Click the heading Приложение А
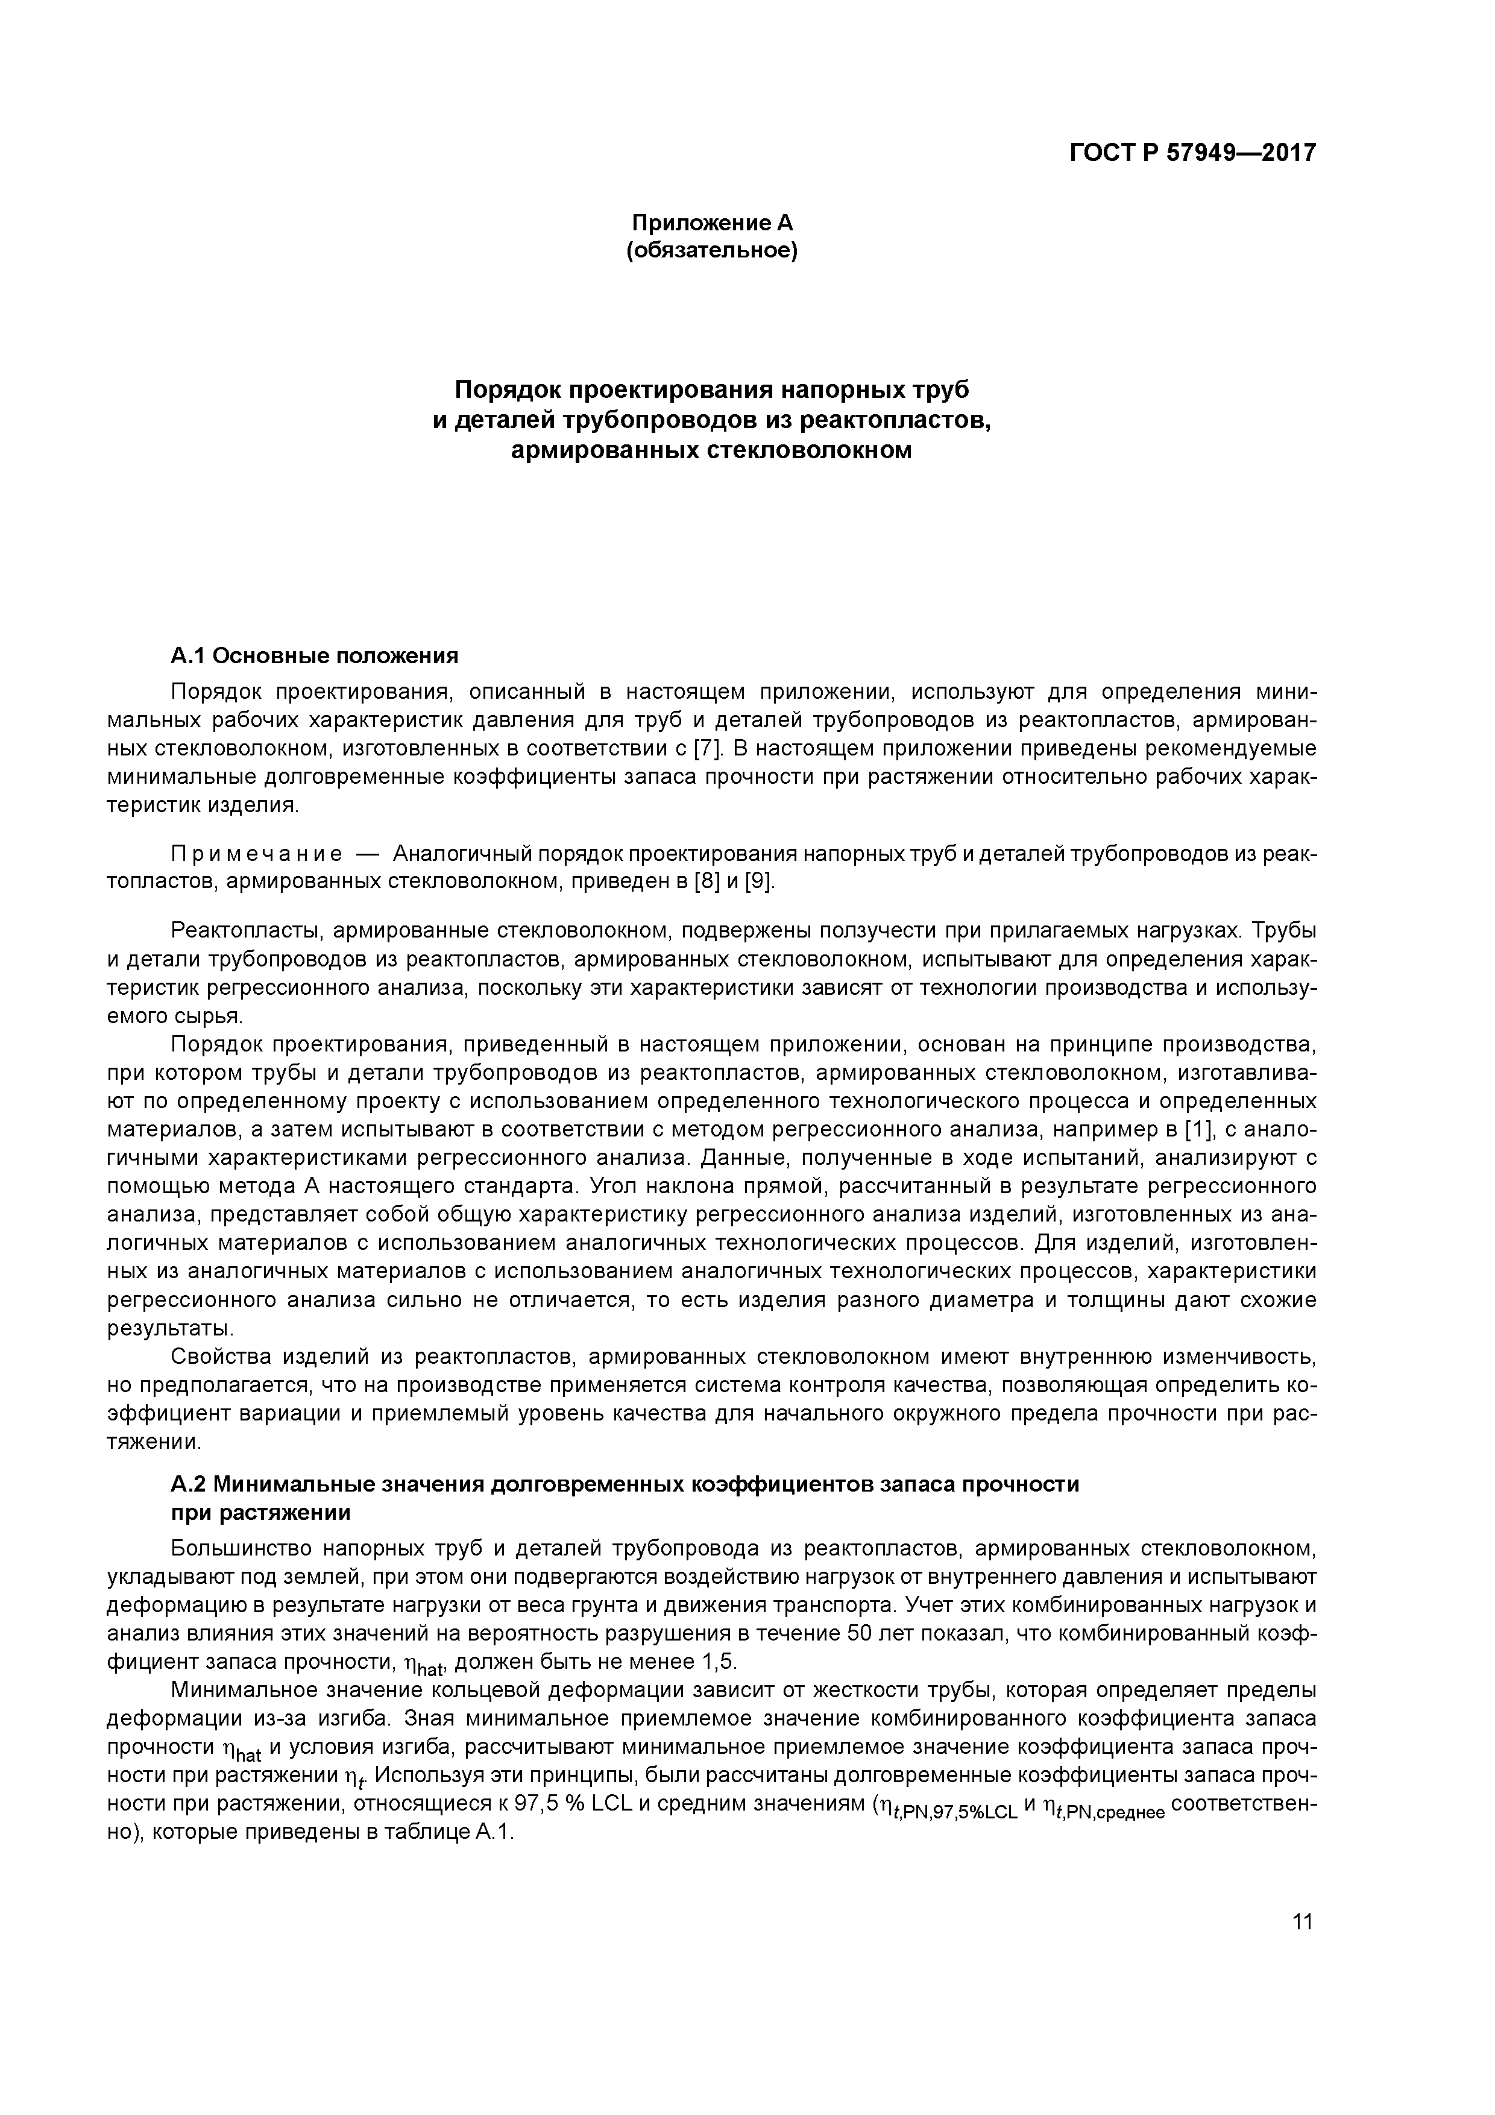[711, 223]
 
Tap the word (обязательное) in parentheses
[711, 251]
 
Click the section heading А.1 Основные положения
[314, 656]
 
